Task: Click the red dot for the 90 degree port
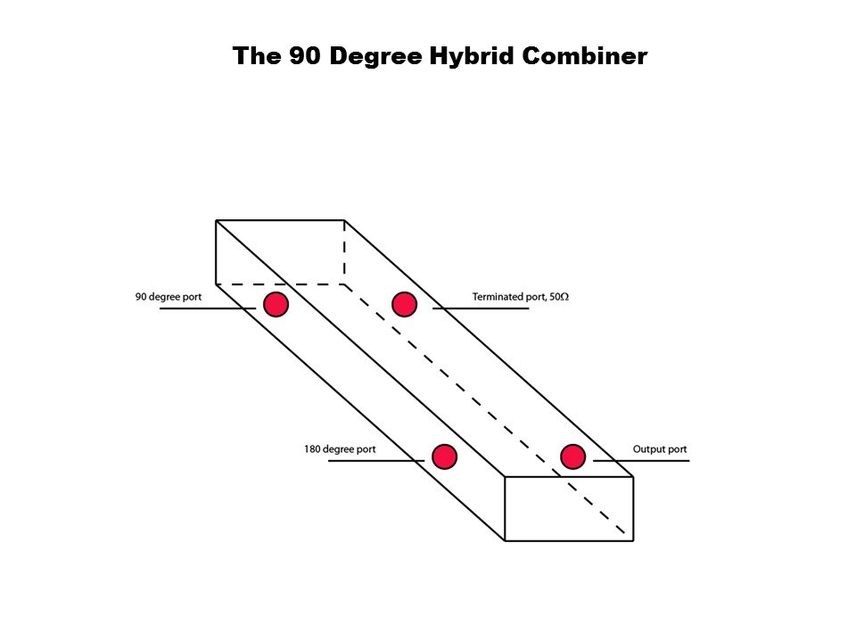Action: [276, 304]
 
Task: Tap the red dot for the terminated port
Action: [405, 304]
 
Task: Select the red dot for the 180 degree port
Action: [444, 457]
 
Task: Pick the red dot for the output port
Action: [573, 457]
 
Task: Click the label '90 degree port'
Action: [169, 297]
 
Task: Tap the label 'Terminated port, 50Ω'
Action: [520, 296]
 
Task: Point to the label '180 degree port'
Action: [340, 449]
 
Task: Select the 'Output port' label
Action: [660, 449]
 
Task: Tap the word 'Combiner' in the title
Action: [585, 55]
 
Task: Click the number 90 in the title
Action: [305, 55]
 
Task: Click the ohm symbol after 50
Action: [564, 296]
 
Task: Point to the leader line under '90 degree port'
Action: [208, 309]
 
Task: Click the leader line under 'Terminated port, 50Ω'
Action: [481, 309]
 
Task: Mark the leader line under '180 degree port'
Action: [376, 461]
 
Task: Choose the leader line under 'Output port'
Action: [641, 461]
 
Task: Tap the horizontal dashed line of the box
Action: [280, 284]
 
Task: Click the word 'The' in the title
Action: [257, 55]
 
